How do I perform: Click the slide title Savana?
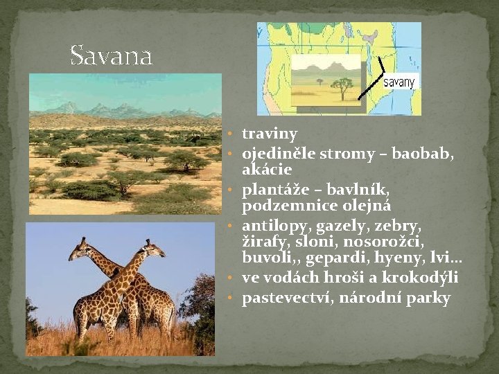(x=111, y=55)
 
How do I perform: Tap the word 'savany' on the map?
(x=399, y=82)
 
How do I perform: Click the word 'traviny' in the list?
(x=270, y=134)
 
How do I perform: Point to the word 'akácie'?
(x=267, y=170)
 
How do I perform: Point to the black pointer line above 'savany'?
(x=379, y=66)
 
